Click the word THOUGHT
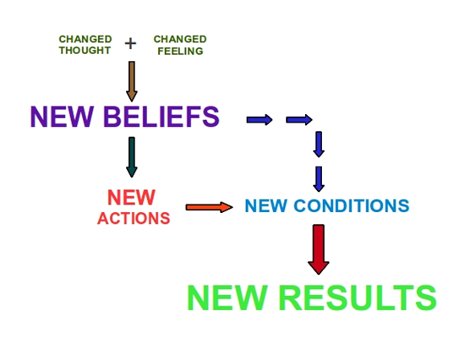(85, 51)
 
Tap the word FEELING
(180, 51)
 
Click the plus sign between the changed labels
(130, 44)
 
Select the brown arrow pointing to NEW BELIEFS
(132, 81)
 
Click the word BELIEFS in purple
(161, 117)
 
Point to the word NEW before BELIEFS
(62, 117)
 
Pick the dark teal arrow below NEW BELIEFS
(132, 157)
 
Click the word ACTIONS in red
(134, 219)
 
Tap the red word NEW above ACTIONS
(131, 197)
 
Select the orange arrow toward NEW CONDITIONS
(209, 207)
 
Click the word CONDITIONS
(352, 205)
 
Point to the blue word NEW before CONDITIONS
(266, 205)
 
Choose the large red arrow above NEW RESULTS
(319, 249)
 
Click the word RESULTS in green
(358, 297)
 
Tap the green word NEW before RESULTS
(227, 297)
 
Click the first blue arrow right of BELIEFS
(260, 119)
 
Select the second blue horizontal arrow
(299, 119)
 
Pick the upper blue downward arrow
(319, 145)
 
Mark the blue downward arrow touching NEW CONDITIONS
(319, 179)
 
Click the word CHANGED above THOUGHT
(85, 39)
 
